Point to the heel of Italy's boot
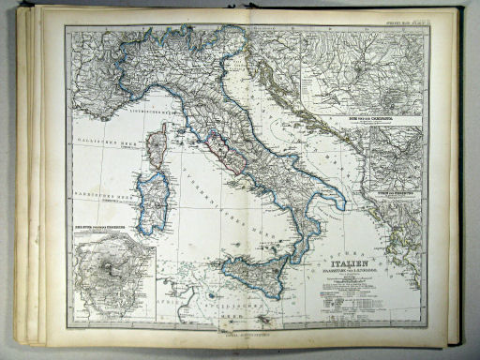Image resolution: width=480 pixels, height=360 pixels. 339,203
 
